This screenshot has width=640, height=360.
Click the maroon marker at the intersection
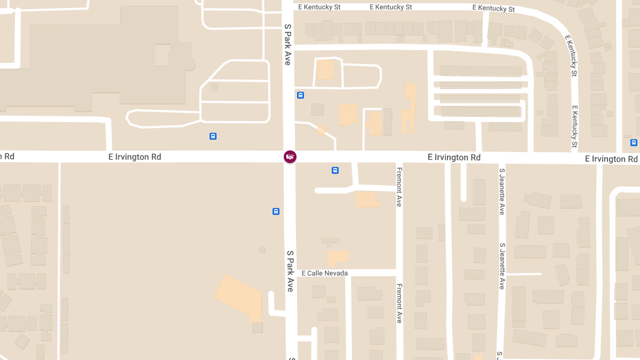(x=290, y=156)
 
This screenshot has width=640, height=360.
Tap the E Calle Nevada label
(x=324, y=273)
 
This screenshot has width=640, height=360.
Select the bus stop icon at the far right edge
(x=634, y=142)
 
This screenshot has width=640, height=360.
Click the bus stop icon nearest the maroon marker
(x=335, y=170)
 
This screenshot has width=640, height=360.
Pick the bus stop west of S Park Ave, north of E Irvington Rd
(x=213, y=136)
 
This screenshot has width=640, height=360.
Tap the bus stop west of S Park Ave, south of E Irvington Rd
(x=276, y=211)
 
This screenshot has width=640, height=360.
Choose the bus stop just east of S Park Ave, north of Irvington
(x=300, y=95)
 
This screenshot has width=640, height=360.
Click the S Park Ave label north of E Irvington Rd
(x=287, y=44)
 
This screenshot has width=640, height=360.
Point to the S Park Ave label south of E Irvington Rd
(x=290, y=271)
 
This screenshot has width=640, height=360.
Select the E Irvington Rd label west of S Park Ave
(x=134, y=157)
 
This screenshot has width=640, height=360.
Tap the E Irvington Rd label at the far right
(x=611, y=159)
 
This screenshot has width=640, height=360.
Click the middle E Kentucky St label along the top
(x=391, y=7)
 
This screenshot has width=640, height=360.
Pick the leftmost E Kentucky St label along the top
(x=319, y=7)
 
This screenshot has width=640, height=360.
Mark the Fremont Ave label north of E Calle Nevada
(x=399, y=187)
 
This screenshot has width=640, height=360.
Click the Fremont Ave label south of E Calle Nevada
(x=399, y=303)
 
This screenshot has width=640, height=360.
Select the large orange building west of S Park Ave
(x=240, y=297)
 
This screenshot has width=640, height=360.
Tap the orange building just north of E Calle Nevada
(x=337, y=258)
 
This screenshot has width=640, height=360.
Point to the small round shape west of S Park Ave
(x=262, y=250)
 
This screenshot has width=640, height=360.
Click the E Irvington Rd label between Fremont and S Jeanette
(x=454, y=157)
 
